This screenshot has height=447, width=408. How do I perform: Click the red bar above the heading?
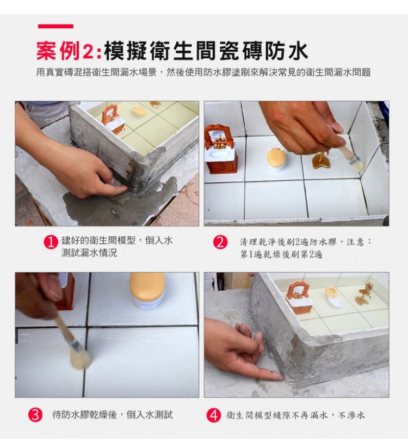[x=55, y=26]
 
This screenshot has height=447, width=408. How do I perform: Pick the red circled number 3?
[x=36, y=415]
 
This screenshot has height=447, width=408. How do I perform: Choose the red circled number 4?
[x=213, y=415]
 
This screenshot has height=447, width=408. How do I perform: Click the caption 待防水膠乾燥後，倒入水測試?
[x=113, y=415]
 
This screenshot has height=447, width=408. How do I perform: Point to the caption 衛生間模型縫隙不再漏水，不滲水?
[x=295, y=415]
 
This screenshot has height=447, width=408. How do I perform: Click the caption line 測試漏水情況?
[x=88, y=254]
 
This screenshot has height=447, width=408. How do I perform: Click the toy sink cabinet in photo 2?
[x=221, y=150]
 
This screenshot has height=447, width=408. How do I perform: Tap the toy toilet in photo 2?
[x=276, y=158]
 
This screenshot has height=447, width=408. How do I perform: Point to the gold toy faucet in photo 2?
[x=320, y=159]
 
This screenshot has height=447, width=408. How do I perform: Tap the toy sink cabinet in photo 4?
[x=298, y=298]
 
